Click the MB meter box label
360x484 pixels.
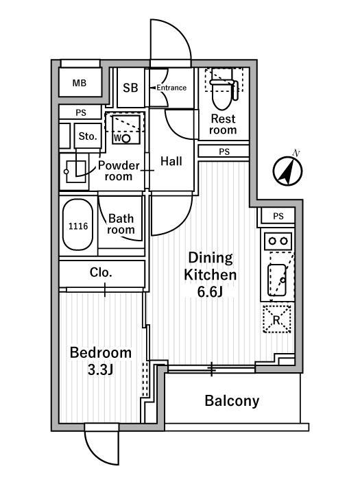tap(80, 83)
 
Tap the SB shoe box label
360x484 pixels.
tap(130, 88)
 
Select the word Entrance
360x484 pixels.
tap(171, 88)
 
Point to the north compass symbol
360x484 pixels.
tap(288, 169)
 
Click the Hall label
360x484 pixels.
tap(171, 161)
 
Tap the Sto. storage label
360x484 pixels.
tap(88, 136)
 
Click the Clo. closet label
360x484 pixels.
tap(101, 273)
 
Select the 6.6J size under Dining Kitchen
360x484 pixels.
tap(211, 291)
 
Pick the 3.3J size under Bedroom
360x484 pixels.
tap(101, 370)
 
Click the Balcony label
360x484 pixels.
tap(232, 401)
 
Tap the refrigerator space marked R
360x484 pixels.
tap(276, 319)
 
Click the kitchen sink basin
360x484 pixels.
tap(276, 280)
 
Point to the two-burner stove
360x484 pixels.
tap(278, 241)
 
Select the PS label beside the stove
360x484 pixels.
tap(278, 216)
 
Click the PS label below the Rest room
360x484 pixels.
tap(224, 152)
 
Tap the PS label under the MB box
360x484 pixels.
tap(81, 113)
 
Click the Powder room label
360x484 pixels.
tap(119, 171)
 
